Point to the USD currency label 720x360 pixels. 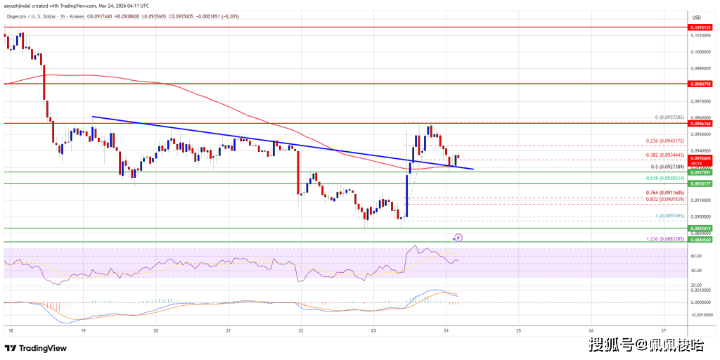pos(697,18)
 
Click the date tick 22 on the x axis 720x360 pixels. pos(301,329)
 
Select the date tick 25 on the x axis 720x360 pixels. pos(518,329)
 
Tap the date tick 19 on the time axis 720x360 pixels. pos(83,329)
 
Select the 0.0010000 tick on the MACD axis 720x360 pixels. pos(699,290)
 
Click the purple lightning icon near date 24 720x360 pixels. pos(458,238)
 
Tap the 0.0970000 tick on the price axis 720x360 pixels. pos(699,101)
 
